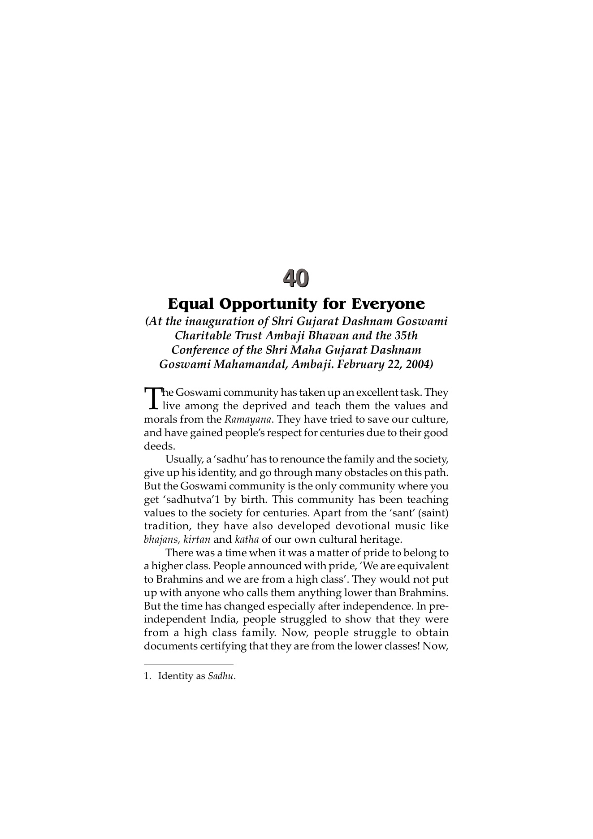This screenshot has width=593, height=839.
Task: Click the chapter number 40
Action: click(296, 278)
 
